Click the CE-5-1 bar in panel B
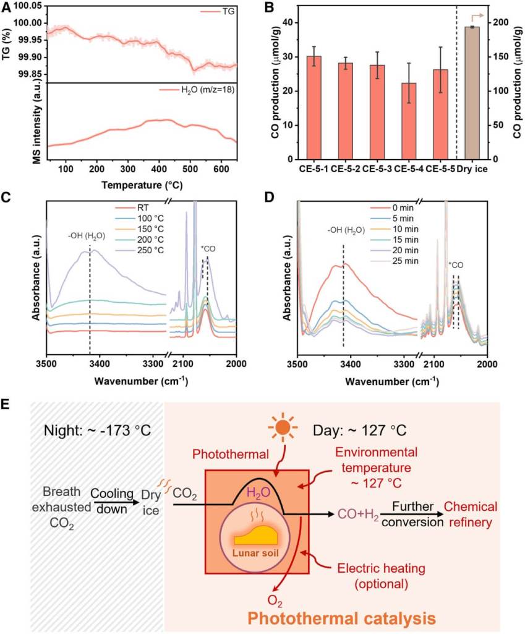point(314,108)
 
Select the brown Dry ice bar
point(472,93)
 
